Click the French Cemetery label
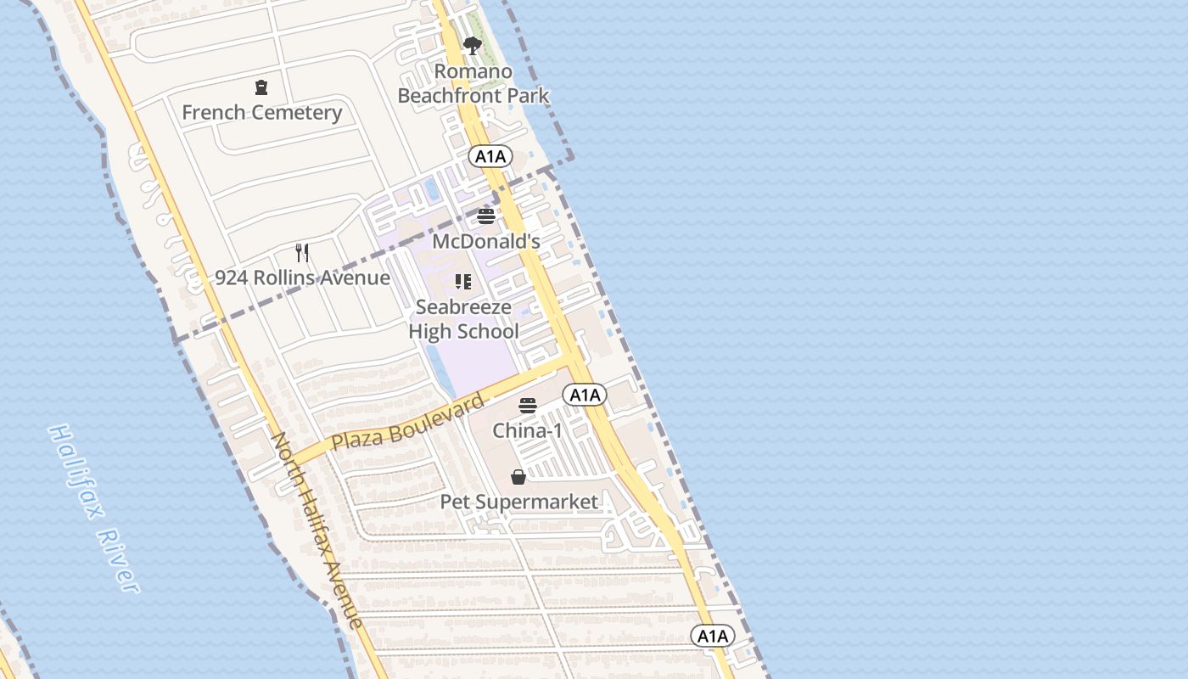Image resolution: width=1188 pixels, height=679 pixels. [261, 112]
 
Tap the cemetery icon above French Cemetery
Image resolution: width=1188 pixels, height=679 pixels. [261, 87]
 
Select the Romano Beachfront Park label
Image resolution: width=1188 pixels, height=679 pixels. [474, 83]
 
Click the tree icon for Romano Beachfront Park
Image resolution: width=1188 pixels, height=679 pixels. [473, 46]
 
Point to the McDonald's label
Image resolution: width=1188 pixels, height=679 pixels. [486, 241]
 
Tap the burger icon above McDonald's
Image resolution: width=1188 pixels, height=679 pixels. [486, 216]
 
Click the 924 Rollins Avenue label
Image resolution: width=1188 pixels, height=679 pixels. [302, 278]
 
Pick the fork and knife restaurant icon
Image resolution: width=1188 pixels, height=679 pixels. [302, 252]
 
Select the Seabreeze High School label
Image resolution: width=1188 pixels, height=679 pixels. [463, 319]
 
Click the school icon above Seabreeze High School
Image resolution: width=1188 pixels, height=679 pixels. [463, 282]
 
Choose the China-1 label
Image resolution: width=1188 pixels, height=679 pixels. [528, 430]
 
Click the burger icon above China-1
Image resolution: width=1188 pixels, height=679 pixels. [528, 406]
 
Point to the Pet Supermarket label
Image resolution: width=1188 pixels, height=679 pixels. [518, 502]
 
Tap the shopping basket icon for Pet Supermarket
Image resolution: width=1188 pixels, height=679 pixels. [518, 477]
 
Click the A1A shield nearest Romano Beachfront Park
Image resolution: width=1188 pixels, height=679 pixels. [490, 156]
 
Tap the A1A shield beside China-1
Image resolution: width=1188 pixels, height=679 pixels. [585, 395]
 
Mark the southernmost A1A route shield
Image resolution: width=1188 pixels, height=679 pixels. [711, 636]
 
